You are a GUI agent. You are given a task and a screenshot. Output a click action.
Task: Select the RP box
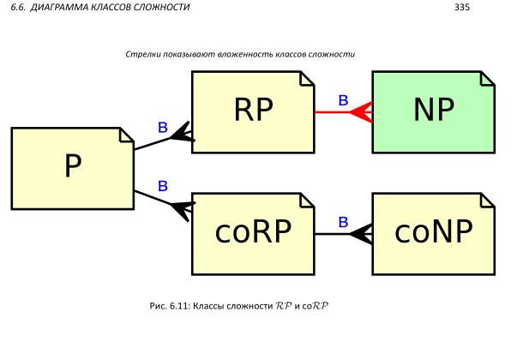(253, 111)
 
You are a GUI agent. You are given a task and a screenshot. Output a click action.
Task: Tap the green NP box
(433, 111)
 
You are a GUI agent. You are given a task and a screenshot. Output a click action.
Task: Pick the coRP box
(253, 233)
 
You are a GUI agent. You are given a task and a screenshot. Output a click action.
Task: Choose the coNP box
(433, 233)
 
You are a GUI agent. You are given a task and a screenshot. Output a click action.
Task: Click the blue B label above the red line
(342, 101)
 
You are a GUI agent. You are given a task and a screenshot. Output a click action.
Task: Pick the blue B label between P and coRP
(162, 185)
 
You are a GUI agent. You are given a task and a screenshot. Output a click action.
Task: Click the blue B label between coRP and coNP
(342, 223)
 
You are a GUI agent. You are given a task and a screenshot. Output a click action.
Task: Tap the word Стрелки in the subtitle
(141, 54)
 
